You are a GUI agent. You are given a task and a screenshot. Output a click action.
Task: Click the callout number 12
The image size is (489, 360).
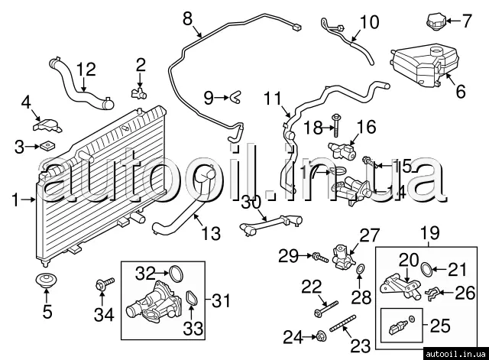pos(86,70)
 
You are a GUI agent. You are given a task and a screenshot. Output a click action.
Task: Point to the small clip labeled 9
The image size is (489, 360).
pos(236,96)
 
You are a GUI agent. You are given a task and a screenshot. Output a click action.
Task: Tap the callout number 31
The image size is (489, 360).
pos(220,301)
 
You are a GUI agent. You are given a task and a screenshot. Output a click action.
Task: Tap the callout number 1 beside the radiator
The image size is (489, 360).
pos(15,199)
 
